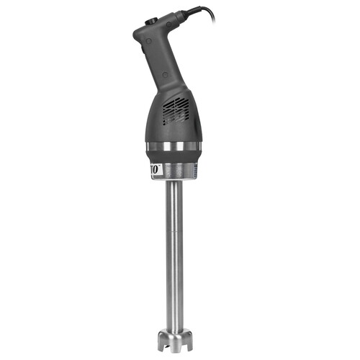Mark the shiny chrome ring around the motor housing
pyautogui.click(x=173, y=147)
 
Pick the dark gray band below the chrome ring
pyautogui.click(x=173, y=156)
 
